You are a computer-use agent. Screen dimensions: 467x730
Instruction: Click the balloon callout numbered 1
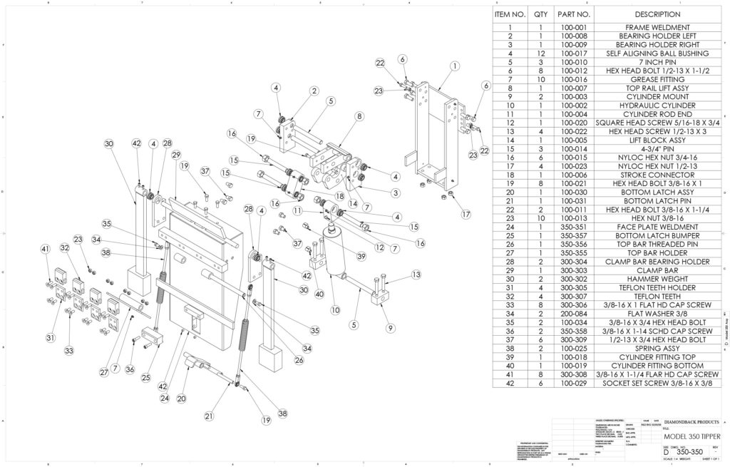point(454,66)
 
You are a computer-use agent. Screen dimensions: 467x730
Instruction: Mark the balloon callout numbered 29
point(175,155)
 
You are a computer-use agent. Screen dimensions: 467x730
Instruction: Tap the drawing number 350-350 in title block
point(689,452)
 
